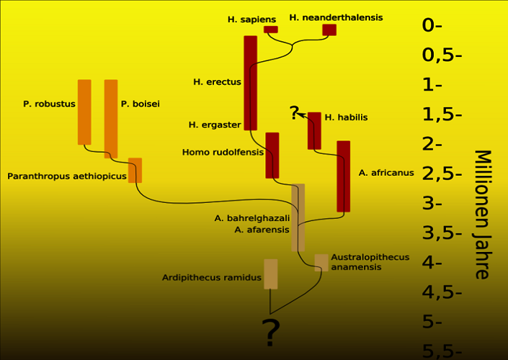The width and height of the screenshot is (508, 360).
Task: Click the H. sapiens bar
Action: [270, 30]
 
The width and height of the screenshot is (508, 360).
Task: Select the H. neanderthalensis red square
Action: [329, 30]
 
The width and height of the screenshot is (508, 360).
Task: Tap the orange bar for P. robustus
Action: [84, 112]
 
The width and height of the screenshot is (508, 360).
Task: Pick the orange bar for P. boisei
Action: [111, 119]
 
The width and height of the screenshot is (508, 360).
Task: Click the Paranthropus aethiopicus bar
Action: [135, 171]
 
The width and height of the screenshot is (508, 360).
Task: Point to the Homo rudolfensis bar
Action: [272, 156]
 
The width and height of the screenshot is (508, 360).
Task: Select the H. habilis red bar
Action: [314, 131]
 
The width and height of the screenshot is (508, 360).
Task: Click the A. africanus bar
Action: [344, 176]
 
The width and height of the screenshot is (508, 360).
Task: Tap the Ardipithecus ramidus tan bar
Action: [270, 274]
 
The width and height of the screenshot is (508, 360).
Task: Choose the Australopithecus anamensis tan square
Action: [321, 263]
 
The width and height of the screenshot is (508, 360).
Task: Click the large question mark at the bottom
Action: [270, 333]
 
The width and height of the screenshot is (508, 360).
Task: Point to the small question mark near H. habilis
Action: [294, 112]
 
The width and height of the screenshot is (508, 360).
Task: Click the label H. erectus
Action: [217, 82]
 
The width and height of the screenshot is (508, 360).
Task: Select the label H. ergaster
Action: [215, 125]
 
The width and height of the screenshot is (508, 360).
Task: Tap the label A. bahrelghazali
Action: [252, 218]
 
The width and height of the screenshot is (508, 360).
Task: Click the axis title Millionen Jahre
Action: [482, 215]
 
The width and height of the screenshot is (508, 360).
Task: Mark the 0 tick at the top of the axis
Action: [432, 25]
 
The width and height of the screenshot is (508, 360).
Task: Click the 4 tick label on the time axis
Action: [432, 263]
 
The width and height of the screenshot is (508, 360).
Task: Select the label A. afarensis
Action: [262, 230]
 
